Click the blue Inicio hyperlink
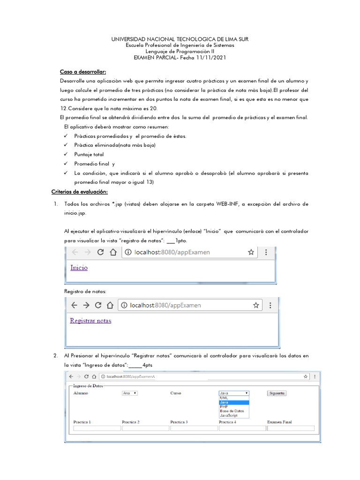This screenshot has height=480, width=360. (x=79, y=268)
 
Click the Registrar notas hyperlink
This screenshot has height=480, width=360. (x=90, y=321)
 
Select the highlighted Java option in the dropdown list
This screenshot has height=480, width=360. (x=233, y=402)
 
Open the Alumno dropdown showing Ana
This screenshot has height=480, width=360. (x=129, y=393)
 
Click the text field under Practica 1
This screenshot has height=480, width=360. (x=97, y=428)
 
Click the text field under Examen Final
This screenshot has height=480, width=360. (x=290, y=428)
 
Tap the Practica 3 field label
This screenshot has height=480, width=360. (x=179, y=422)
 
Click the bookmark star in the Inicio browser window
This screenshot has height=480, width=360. (x=251, y=252)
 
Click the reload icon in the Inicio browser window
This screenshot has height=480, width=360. (x=100, y=252)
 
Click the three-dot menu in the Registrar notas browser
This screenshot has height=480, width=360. (x=270, y=305)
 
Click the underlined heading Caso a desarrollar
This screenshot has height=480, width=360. (x=83, y=72)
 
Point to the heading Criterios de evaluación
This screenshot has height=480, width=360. (x=80, y=192)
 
